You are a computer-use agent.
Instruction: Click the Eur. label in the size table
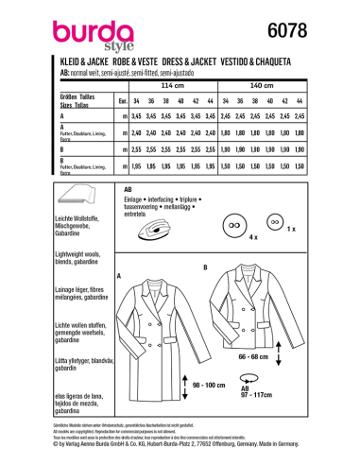pyautogui.click(x=121, y=100)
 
